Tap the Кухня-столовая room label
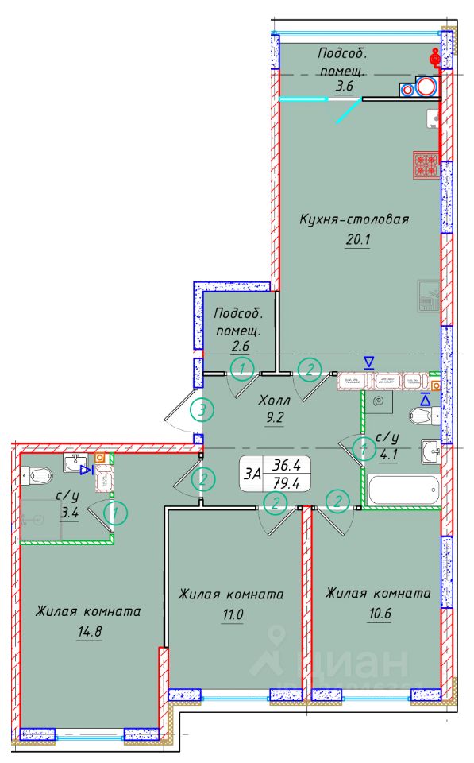353,219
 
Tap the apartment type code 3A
253,474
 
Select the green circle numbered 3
202,410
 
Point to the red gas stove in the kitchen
425,165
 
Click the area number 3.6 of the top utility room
343,87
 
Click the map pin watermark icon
276,641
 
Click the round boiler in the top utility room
426,87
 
